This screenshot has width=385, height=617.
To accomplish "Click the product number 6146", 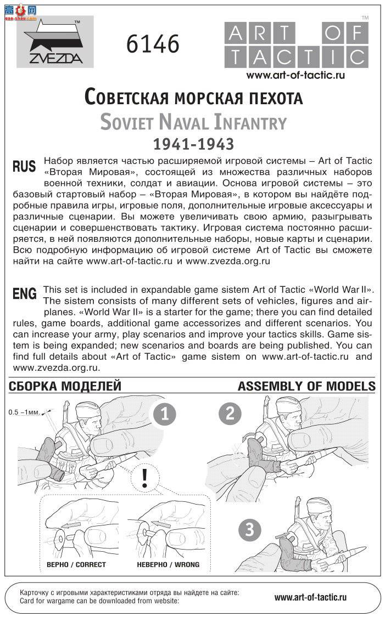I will pos(153,44).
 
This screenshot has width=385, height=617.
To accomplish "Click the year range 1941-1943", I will pos(193,144).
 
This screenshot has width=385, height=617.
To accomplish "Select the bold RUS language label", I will pos(24,166).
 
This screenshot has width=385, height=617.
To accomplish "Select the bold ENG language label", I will pos(24,294).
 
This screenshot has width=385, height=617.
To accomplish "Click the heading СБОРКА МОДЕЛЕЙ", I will pos(65,386).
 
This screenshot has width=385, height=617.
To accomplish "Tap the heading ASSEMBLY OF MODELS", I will pos(306,386).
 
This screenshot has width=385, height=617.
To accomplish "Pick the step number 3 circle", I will pos(250,530).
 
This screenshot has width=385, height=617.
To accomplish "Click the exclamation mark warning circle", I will pos(144,479).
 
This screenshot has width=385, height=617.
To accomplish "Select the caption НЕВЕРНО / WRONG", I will pos(168,564).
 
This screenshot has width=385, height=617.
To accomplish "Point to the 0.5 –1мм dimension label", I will pos(24,412).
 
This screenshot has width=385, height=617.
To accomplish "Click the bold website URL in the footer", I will pos(310,597).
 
